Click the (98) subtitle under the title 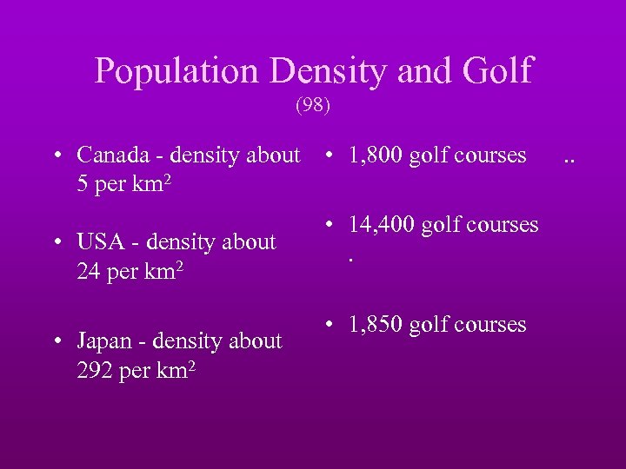[x=313, y=106]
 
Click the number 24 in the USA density [x=89, y=272]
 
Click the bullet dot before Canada [x=56, y=156]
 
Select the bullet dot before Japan [x=56, y=342]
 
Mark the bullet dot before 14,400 [x=330, y=226]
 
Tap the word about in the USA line [x=247, y=242]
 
